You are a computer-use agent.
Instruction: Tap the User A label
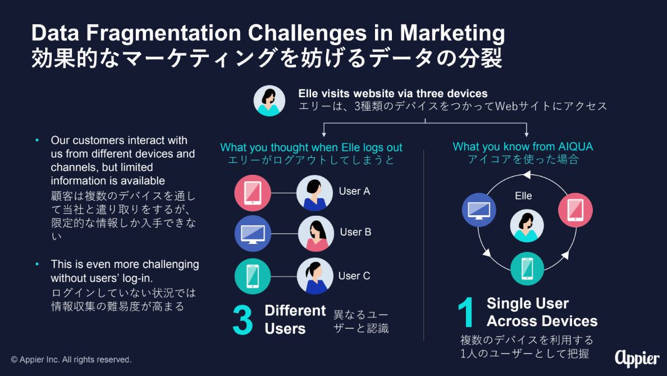coord(354,191)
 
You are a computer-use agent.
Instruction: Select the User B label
coord(355,232)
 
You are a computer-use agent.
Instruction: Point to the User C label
coord(354,276)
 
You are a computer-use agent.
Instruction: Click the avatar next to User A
coord(314,193)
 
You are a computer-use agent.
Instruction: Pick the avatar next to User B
coord(316,234)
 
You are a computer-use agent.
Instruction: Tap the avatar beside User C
coord(315,276)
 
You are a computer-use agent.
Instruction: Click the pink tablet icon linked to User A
coord(253,193)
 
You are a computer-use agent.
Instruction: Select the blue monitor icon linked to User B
coord(253,233)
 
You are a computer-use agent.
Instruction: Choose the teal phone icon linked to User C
coord(253,276)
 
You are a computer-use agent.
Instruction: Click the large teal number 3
coord(243,320)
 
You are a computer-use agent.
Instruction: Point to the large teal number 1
coord(466,312)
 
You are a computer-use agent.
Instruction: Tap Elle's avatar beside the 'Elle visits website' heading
coord(269,101)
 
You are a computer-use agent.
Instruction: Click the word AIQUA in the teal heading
coord(575,147)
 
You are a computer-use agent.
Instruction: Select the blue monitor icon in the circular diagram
coord(479,210)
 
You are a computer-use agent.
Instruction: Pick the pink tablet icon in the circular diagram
coord(575,210)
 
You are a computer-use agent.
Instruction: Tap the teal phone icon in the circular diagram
coord(527,269)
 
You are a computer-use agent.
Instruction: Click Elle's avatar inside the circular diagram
coord(527,226)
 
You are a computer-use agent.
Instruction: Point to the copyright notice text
coord(71,360)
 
